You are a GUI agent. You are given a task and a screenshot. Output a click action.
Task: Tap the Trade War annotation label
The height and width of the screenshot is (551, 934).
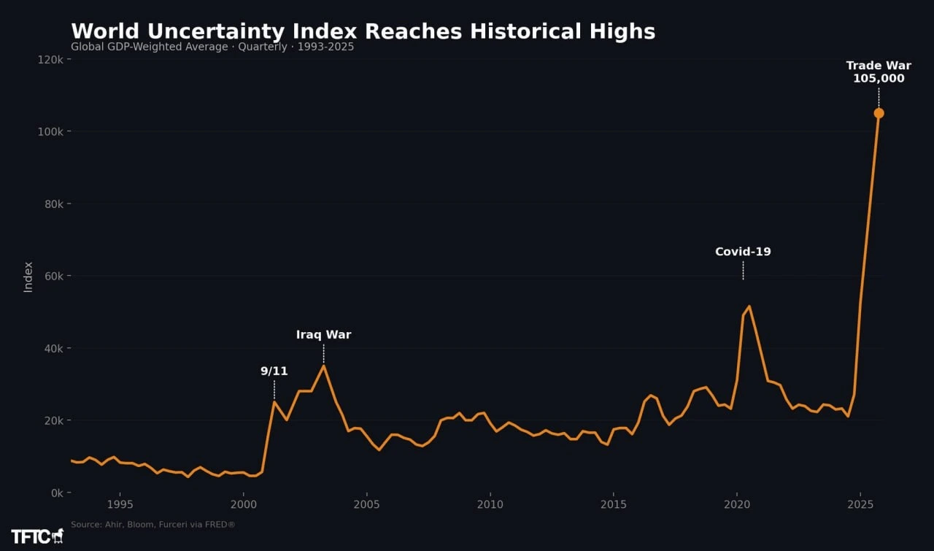tap(879, 66)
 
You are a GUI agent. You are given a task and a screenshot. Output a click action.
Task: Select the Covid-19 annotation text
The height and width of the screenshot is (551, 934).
tap(743, 252)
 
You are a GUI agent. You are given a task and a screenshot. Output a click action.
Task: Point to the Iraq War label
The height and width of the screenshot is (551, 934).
tap(323, 334)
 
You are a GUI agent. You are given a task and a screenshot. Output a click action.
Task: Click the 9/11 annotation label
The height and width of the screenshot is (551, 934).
tap(274, 371)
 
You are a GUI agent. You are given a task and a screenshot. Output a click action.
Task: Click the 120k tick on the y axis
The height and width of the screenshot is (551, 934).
tap(50, 60)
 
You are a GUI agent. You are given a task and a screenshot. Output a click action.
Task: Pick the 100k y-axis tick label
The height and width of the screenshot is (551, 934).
tap(50, 132)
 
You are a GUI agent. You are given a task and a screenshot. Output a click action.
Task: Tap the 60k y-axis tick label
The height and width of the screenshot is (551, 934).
tap(54, 276)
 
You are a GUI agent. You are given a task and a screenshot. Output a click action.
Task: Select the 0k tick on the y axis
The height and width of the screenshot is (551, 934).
tap(57, 493)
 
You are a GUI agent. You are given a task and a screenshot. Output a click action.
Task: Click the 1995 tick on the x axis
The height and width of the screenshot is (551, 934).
tap(120, 505)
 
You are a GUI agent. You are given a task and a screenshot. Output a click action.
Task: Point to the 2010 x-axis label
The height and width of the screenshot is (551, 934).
tap(490, 505)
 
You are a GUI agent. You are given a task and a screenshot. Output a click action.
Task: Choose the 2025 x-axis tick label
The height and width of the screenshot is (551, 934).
tap(860, 505)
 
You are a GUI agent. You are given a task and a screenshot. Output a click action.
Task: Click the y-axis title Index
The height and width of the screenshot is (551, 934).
tap(28, 277)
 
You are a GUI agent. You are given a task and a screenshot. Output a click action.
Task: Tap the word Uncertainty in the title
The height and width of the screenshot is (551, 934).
tap(216, 31)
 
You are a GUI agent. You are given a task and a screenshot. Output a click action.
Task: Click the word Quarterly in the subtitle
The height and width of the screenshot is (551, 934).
tap(263, 47)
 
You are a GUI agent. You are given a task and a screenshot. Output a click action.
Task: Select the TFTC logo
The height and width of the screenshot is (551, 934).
tap(37, 536)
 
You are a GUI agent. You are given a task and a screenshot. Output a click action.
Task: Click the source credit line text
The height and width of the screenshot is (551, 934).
tap(153, 524)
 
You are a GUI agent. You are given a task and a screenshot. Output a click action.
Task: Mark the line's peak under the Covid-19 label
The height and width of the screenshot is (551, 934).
tap(749, 307)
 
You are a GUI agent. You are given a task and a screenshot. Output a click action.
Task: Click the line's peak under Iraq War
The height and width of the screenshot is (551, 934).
tap(323, 366)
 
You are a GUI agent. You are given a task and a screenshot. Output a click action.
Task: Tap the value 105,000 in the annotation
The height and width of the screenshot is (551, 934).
tap(879, 78)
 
